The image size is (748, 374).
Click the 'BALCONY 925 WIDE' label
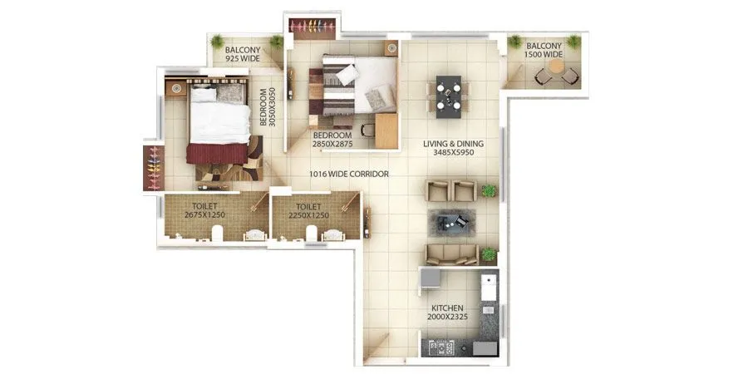244,54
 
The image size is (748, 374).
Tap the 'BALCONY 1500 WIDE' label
544,50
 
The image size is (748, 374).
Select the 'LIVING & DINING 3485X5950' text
452,148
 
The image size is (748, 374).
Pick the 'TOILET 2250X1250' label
307,210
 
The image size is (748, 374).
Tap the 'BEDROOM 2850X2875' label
332,139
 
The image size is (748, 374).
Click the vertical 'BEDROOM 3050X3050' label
267,107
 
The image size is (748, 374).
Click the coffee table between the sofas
450,222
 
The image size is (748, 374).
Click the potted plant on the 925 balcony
217,41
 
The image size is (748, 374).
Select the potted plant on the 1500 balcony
515,42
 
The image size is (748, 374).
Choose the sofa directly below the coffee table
451,253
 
